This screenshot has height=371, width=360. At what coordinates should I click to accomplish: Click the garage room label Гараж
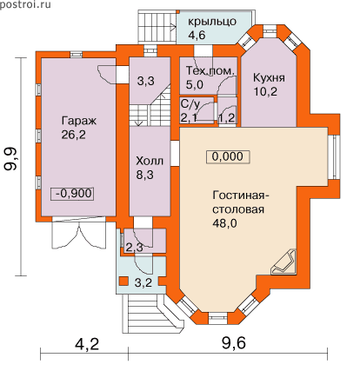[78, 121]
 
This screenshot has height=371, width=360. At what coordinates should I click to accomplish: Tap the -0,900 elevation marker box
[72, 194]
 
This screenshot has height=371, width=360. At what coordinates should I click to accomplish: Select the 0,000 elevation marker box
[228, 156]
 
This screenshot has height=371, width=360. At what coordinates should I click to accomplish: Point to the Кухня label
[269, 77]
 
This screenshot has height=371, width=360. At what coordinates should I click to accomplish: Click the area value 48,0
[224, 223]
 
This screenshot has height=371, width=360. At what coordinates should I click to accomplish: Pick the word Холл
[150, 161]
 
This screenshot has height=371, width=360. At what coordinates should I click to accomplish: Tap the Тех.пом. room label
[210, 71]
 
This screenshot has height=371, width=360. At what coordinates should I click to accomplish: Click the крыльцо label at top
[212, 23]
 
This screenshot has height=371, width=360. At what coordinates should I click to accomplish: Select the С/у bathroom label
[190, 104]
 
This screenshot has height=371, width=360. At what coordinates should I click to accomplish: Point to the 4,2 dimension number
[87, 344]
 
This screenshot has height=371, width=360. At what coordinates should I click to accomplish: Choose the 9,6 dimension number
[234, 344]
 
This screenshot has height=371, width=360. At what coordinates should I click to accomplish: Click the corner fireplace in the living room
[283, 262]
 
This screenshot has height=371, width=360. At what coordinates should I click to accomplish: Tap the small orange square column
[124, 281]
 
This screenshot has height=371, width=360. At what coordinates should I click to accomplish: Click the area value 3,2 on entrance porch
[143, 282]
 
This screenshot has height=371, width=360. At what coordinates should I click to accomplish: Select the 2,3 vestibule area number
[134, 248]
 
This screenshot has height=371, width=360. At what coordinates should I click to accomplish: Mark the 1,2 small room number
[227, 118]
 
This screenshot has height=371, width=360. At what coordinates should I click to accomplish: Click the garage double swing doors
[78, 233]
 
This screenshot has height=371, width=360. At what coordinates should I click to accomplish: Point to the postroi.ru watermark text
[25, 4]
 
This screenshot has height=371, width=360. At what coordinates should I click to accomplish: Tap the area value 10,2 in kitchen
[265, 91]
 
